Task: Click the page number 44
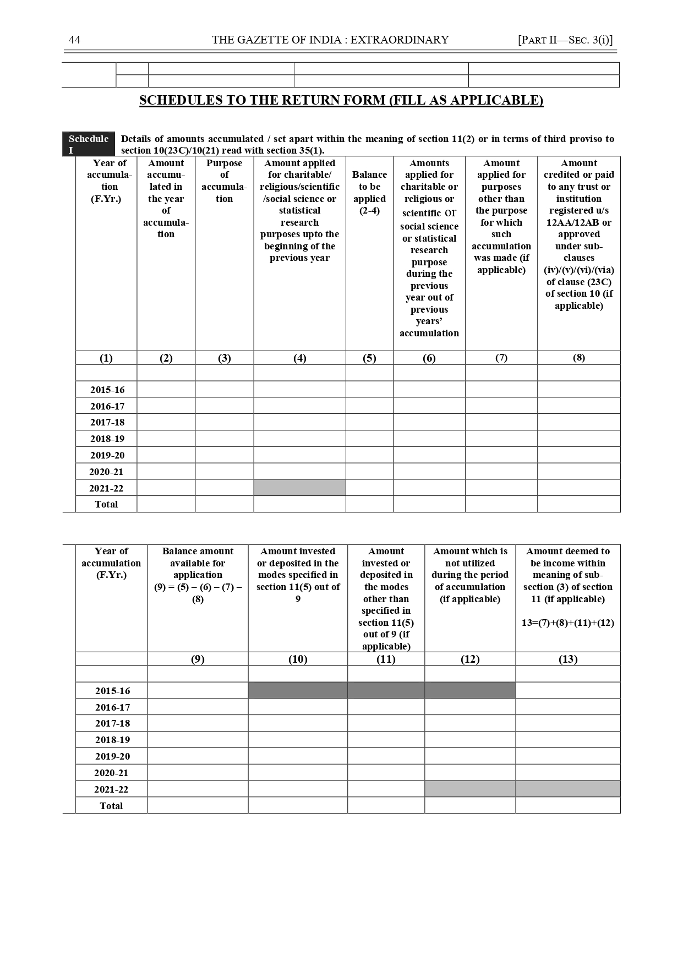click(x=74, y=40)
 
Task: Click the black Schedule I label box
click(x=89, y=144)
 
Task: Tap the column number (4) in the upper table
click(x=299, y=358)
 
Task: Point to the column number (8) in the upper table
click(x=578, y=358)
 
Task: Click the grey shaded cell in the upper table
click(x=299, y=488)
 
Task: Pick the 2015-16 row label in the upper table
click(x=107, y=390)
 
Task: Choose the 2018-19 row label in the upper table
click(x=107, y=439)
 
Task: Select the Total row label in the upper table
click(x=106, y=504)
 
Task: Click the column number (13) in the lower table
click(x=567, y=659)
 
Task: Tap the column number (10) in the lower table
click(x=298, y=659)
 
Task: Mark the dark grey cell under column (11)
click(x=386, y=690)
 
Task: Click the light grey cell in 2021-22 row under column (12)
click(x=470, y=789)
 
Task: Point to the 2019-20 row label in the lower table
click(x=112, y=756)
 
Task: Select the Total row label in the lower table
click(x=111, y=805)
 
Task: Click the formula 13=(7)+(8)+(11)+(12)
click(x=567, y=623)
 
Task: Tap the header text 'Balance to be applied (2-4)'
click(x=369, y=193)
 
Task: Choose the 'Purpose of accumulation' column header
click(x=224, y=181)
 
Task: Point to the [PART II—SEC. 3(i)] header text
click(x=565, y=40)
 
